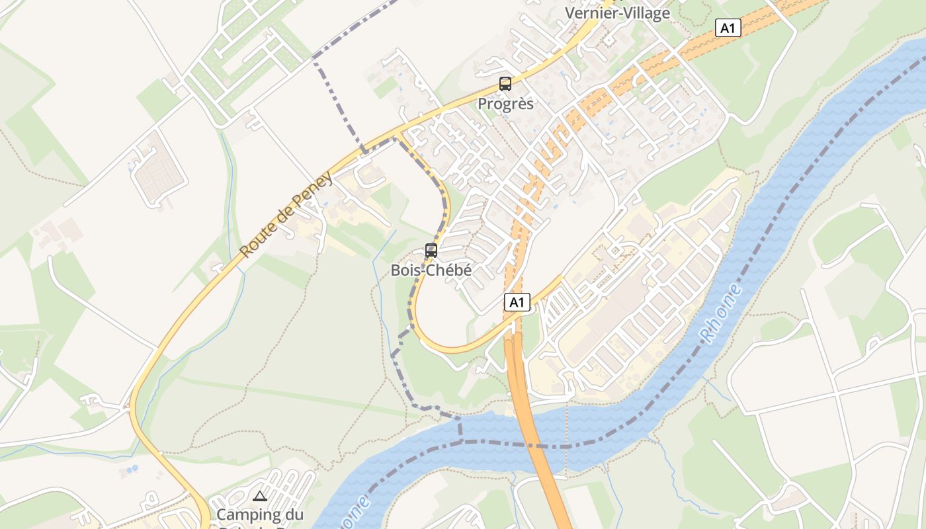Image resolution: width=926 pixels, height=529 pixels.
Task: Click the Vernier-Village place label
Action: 617,13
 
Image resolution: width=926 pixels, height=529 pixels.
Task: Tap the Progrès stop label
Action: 505,104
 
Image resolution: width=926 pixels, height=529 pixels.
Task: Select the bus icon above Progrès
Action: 505,84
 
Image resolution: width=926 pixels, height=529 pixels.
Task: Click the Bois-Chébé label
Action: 431,270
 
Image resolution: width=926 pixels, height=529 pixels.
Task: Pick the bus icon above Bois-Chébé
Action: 431,251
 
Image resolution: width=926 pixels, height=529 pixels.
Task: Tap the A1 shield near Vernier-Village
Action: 728,28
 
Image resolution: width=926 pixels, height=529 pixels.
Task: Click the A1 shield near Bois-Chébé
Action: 517,303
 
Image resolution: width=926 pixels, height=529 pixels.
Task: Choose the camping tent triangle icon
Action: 259,496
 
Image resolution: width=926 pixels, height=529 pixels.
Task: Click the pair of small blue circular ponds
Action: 132,469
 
